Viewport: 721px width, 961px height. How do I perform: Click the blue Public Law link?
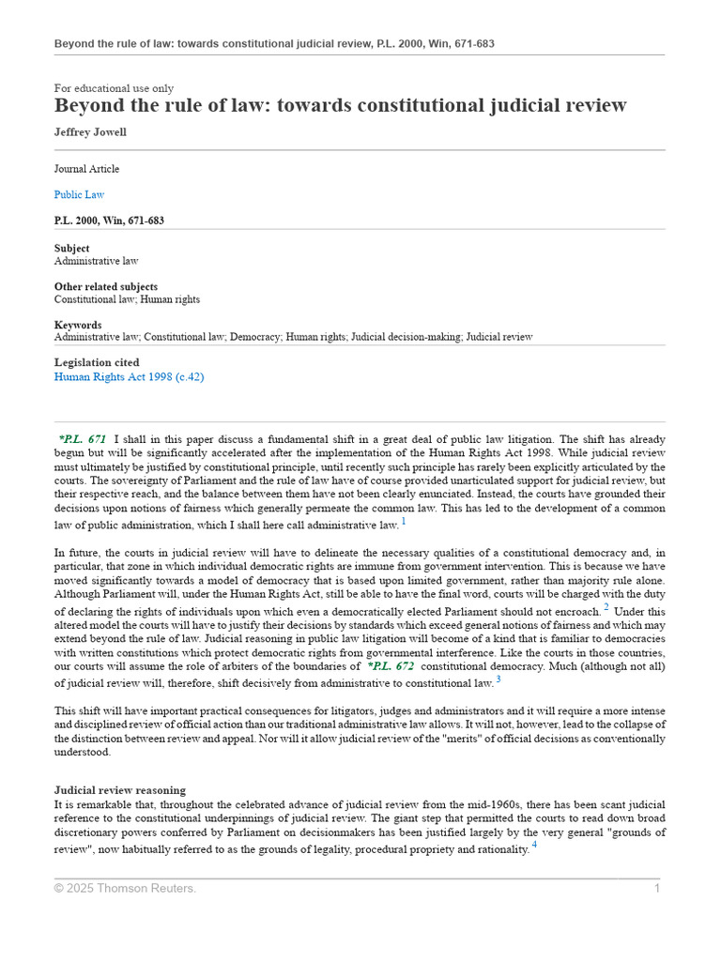pyautogui.click(x=79, y=195)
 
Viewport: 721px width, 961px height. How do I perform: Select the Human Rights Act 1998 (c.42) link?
pyautogui.click(x=129, y=377)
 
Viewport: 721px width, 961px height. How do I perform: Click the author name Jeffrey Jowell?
pyautogui.click(x=90, y=132)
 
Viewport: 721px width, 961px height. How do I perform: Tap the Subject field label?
pyautogui.click(x=72, y=249)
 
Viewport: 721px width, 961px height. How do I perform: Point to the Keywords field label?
pyautogui.click(x=78, y=325)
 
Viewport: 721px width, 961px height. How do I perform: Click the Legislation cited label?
pyautogui.click(x=97, y=363)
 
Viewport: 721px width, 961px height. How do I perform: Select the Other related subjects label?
pyautogui.click(x=106, y=287)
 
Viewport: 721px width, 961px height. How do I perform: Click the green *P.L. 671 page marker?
pyautogui.click(x=83, y=439)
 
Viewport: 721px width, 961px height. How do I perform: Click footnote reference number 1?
pyautogui.click(x=404, y=521)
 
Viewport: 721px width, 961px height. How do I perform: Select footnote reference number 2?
pyautogui.click(x=606, y=608)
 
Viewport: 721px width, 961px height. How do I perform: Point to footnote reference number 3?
pyautogui.click(x=499, y=679)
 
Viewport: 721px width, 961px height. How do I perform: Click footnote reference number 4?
pyautogui.click(x=534, y=845)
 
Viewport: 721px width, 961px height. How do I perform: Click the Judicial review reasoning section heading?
pyautogui.click(x=120, y=791)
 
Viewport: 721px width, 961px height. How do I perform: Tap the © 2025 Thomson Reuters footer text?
pyautogui.click(x=125, y=889)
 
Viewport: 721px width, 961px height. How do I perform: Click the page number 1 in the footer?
pyautogui.click(x=657, y=889)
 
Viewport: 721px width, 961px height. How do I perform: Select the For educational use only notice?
pyautogui.click(x=114, y=88)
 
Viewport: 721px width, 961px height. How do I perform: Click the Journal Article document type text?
pyautogui.click(x=86, y=170)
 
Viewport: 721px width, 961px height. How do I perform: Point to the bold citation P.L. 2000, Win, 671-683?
pyautogui.click(x=109, y=221)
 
